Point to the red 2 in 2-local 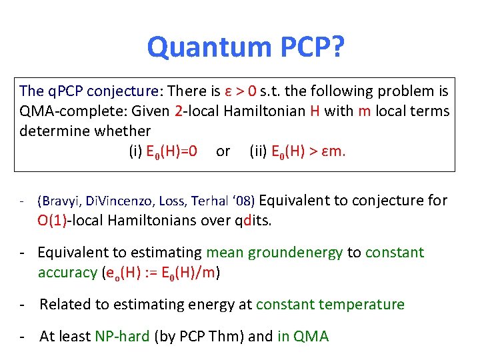click(x=178, y=111)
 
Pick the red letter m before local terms click(x=365, y=111)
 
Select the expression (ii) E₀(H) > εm click(x=297, y=151)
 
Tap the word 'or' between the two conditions click(x=223, y=151)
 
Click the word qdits click(x=253, y=221)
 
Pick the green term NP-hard click(x=122, y=337)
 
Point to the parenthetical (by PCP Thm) click(x=199, y=337)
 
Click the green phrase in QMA click(x=303, y=337)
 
